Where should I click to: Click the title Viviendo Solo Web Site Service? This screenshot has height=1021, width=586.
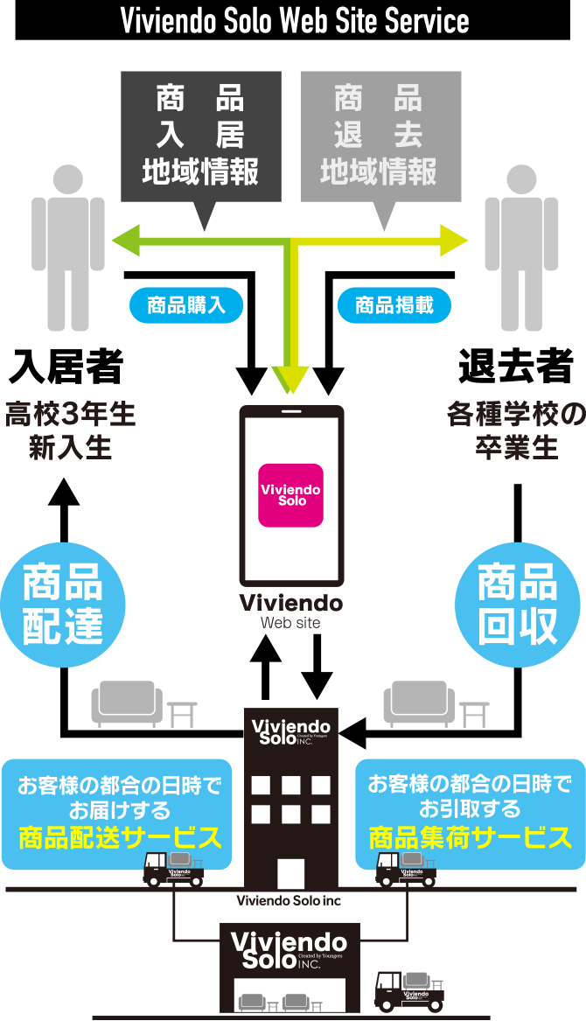tap(294, 21)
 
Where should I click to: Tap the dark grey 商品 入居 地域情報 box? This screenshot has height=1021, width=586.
tap(201, 136)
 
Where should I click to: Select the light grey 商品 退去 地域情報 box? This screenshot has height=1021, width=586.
tap(380, 136)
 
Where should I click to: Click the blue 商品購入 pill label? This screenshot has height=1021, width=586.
tap(186, 305)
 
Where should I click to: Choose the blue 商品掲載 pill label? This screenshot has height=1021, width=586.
tap(394, 305)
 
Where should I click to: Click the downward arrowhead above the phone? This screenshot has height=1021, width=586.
tap(291, 377)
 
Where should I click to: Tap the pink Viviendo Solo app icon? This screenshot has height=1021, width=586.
tap(290, 494)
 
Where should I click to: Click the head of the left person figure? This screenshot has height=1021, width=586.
tap(68, 178)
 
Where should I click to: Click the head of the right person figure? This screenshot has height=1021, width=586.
tap(522, 178)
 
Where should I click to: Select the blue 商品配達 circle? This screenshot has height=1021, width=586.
tap(63, 605)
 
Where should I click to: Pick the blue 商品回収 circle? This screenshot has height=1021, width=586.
tap(518, 605)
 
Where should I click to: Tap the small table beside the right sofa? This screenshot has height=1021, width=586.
tap(474, 714)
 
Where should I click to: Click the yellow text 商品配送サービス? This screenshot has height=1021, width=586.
tap(120, 839)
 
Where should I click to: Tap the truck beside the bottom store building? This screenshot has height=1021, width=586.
tap(406, 990)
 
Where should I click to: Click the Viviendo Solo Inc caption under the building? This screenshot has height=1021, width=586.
tap(289, 900)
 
